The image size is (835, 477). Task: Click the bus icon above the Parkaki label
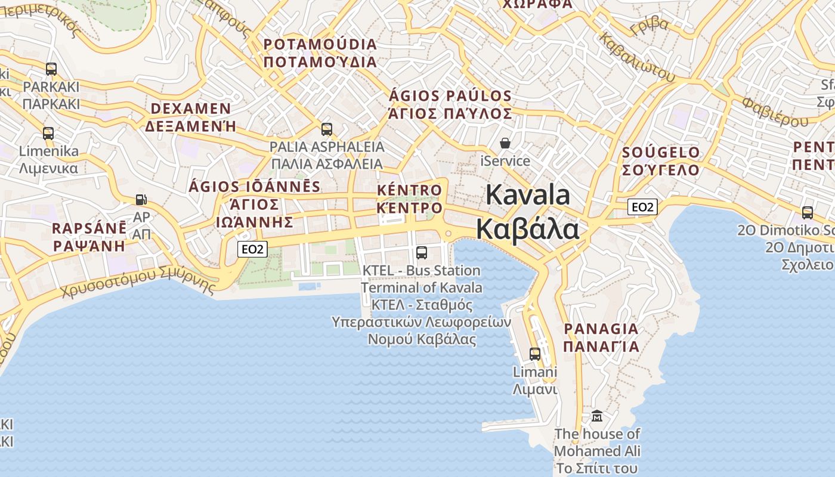coord(51,69)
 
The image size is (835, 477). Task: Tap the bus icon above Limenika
coord(48,134)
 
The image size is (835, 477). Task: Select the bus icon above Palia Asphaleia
coord(326,129)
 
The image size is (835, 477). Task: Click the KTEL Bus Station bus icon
coord(422,253)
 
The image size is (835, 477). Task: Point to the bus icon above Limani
coord(535,354)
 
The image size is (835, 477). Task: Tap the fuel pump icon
coord(141,200)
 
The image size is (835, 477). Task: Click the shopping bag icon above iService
coord(505,144)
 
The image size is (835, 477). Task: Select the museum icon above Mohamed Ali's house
coord(597,416)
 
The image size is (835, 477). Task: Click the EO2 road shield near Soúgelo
coord(642,207)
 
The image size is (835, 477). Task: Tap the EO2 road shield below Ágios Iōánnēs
coord(252,249)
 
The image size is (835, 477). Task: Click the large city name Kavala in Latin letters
coord(528,195)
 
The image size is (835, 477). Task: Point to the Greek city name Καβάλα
coord(527,229)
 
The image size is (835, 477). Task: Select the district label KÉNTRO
coord(410,191)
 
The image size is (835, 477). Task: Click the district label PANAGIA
coord(601,329)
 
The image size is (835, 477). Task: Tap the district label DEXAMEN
coord(191,109)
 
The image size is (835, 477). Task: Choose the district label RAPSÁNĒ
coord(89,228)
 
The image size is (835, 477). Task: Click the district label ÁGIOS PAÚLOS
coord(450,96)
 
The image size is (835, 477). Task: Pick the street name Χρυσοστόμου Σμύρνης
coord(138,283)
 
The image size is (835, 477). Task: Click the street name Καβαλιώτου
coord(638,57)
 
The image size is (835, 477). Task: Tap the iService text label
coord(505,161)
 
